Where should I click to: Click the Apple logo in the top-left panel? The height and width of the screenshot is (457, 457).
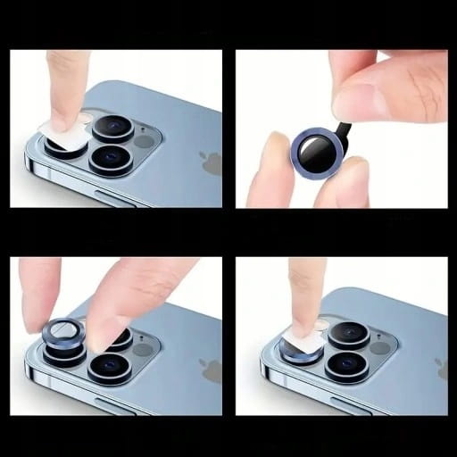coord(212,163)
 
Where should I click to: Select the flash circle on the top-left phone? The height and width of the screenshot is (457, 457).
coord(143,140)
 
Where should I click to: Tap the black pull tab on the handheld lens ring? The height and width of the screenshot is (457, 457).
coord(350,134)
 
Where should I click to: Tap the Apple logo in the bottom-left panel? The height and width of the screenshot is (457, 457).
coord(212,371)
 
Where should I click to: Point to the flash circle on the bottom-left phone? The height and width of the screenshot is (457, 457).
coord(143,350)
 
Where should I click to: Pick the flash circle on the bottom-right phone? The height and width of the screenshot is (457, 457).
coord(379,348)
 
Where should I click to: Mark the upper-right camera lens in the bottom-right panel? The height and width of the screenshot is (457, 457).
coord(349,333)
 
